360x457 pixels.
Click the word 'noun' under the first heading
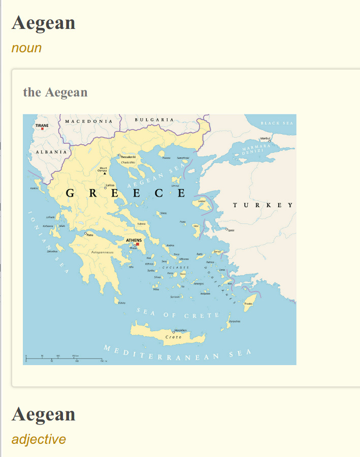click(x=26, y=48)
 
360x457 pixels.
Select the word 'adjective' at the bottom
click(x=39, y=439)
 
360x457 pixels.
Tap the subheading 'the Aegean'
click(x=55, y=92)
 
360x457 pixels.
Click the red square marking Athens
click(x=137, y=244)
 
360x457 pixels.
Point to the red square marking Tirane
click(x=43, y=129)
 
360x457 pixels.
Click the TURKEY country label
click(x=263, y=205)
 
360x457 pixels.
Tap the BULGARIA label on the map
click(x=154, y=120)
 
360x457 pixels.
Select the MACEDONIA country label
click(x=88, y=121)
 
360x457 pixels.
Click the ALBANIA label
click(x=51, y=152)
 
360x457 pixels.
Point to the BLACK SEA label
click(x=277, y=123)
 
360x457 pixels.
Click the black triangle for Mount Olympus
click(x=105, y=173)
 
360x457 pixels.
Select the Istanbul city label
click(x=266, y=138)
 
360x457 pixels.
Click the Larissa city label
click(x=110, y=185)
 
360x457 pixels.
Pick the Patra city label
click(x=90, y=235)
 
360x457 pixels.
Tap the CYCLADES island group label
click(x=176, y=267)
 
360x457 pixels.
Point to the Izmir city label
click(x=231, y=231)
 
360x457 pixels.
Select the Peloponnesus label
click(x=105, y=252)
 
